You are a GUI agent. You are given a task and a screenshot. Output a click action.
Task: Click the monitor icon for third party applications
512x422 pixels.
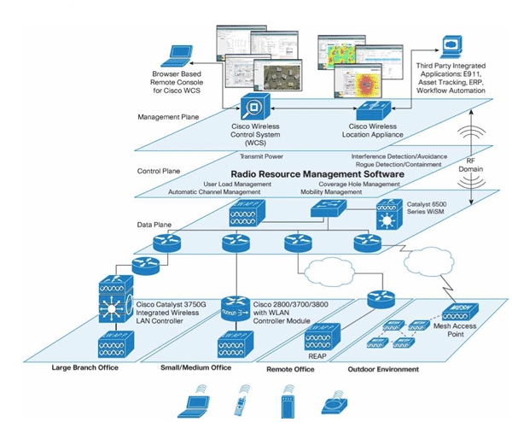pos(451,47)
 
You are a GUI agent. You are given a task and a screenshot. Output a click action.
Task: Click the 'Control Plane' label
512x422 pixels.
pos(156,171)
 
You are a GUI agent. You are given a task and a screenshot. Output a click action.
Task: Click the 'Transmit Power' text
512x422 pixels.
pos(263,156)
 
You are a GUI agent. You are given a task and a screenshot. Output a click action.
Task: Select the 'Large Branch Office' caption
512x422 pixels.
pos(83,369)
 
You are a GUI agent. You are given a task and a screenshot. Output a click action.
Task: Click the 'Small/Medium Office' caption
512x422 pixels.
pos(197,369)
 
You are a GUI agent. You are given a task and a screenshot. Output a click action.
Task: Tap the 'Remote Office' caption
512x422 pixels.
pos(291,369)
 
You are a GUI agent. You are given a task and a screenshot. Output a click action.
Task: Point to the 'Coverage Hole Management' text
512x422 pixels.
pos(359,184)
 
